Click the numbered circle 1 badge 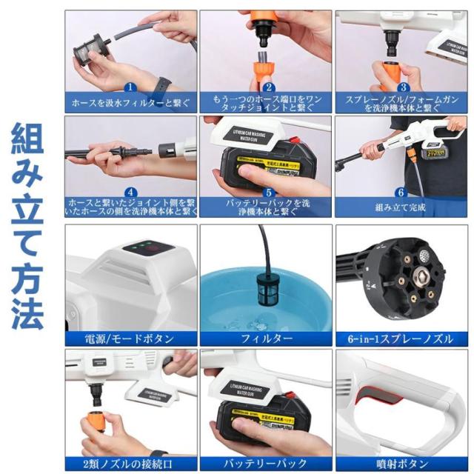(x=130, y=87)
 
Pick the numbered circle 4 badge (x=130, y=191)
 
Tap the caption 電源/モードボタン (x=130, y=339)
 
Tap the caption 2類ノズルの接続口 (x=130, y=464)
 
